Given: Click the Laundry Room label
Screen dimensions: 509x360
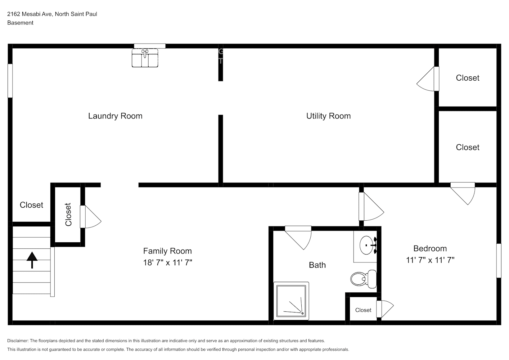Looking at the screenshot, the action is tap(115, 116).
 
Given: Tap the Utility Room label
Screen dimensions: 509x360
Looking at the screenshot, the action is tap(328, 116).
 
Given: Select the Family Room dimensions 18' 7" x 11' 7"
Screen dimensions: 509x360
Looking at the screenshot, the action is tap(167, 262).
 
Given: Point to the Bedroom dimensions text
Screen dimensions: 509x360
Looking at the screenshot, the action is tap(430, 260).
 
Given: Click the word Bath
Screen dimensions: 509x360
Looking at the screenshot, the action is tap(317, 265).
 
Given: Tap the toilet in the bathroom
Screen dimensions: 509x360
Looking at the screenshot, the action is tap(363, 279).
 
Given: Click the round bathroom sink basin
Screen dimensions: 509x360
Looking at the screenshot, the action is tap(366, 245).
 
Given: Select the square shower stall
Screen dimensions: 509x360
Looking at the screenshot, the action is tap(291, 301).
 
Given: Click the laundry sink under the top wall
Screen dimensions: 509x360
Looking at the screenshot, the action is tap(145, 58).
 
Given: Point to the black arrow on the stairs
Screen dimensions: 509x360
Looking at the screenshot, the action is tap(32, 260).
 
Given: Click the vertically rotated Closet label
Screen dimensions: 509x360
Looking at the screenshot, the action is tap(68, 215).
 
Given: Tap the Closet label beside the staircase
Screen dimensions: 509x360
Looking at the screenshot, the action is tap(31, 205).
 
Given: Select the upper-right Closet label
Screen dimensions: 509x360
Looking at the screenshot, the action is tap(467, 78).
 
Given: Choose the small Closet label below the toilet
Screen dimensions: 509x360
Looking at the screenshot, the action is tap(363, 310).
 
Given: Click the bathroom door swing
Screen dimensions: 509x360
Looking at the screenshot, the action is tap(298, 238).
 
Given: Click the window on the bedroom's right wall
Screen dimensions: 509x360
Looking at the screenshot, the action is tap(499, 261).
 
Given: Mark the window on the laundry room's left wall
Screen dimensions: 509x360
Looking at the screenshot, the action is tap(10, 81).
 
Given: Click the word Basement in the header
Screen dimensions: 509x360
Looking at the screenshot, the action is tap(20, 23).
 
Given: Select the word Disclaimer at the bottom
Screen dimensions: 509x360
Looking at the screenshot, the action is tap(18, 341).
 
